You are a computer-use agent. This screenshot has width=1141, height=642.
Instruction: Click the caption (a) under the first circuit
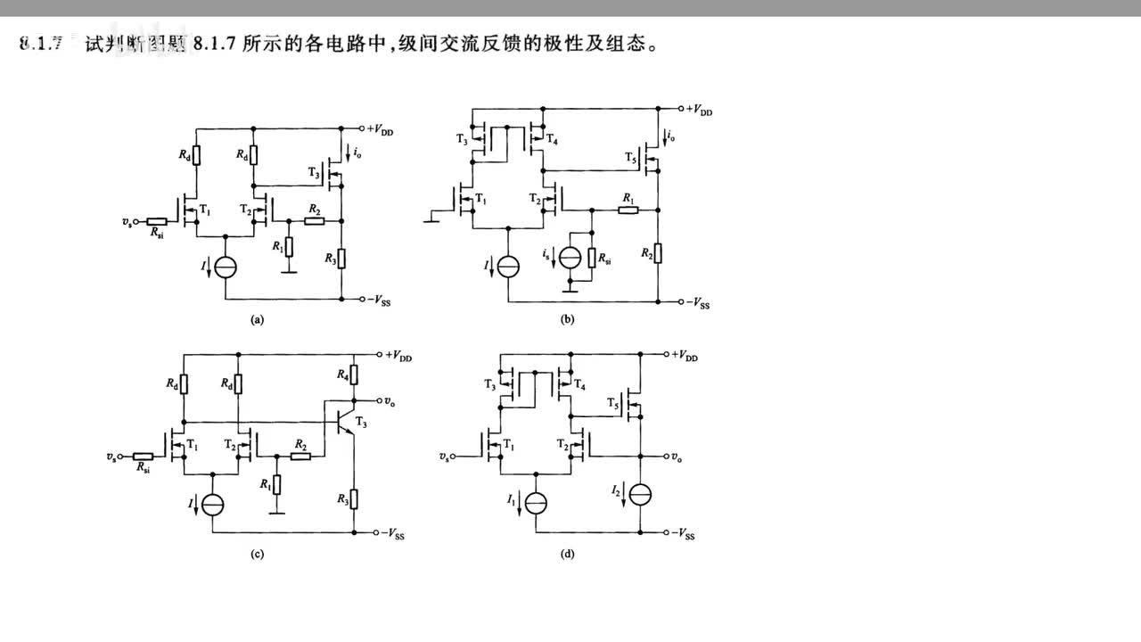pos(258,318)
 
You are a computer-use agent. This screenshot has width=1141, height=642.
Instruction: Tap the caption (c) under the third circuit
pos(257,554)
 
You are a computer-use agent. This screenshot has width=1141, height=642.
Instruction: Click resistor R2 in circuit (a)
pos(313,220)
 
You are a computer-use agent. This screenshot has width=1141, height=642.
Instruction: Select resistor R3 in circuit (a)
pos(341,259)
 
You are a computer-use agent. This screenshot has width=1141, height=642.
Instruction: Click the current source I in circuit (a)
pos(226,267)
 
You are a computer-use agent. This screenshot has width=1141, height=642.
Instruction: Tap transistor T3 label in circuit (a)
pos(312,174)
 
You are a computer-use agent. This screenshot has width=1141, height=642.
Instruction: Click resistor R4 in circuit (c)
pos(355,373)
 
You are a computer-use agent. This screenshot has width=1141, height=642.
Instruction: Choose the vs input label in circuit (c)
pos(111,456)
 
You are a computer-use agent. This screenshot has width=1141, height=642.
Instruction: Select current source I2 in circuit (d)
pos(640,493)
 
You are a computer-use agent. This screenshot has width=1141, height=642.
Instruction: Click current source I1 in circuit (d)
pos(534,504)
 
